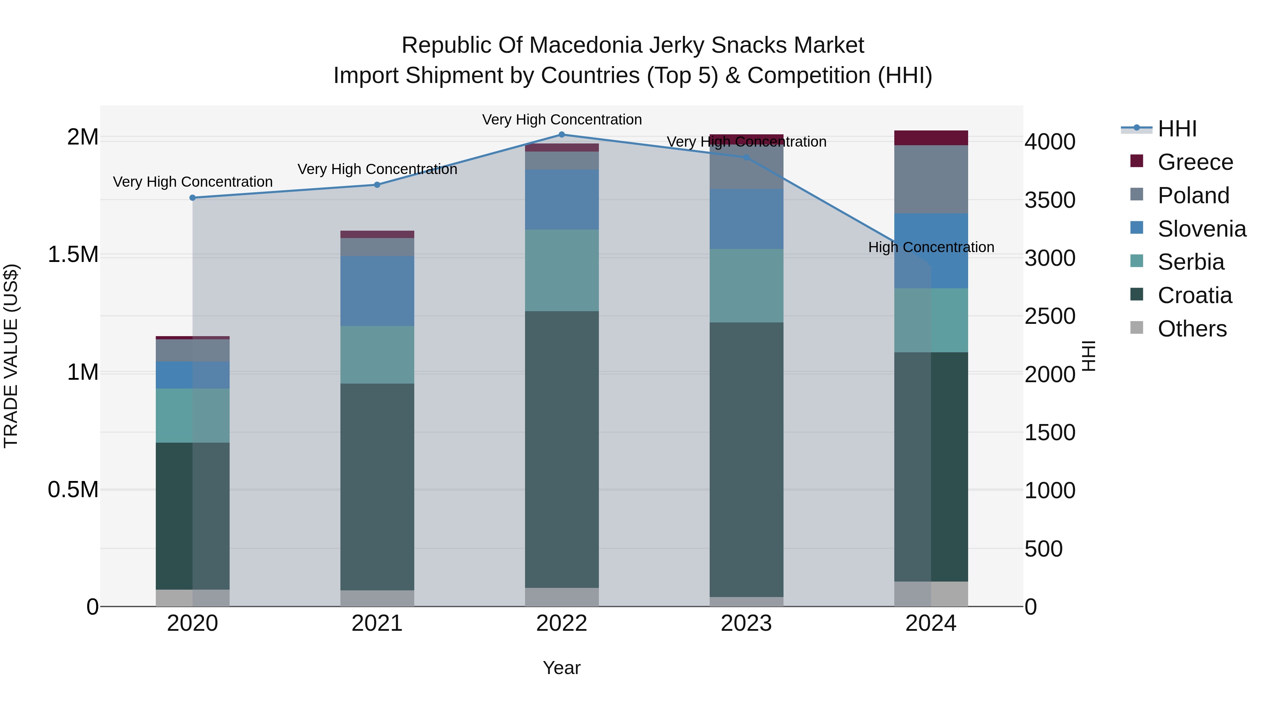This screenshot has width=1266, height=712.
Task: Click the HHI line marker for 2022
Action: (x=562, y=135)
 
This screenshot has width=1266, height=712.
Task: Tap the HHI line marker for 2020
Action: (x=193, y=198)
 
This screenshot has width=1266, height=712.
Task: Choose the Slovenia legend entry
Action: (x=1202, y=229)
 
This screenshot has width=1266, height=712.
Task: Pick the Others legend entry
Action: (x=1192, y=329)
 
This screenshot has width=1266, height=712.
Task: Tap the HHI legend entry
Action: (x=1177, y=129)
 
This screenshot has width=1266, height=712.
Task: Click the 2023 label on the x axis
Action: (x=746, y=623)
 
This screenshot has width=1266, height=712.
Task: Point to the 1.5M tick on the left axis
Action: (x=73, y=255)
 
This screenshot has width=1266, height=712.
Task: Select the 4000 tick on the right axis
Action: (x=1050, y=142)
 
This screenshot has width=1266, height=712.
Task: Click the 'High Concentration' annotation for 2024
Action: (x=931, y=247)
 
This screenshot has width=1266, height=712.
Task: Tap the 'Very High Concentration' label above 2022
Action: (x=562, y=120)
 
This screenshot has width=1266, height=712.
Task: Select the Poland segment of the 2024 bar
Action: (x=931, y=179)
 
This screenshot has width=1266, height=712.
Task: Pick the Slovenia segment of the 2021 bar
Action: (x=377, y=291)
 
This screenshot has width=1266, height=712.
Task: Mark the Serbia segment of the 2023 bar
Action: (x=746, y=286)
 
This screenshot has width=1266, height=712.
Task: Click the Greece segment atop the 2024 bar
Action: (x=931, y=138)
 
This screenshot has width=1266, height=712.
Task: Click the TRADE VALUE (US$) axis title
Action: (x=11, y=356)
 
